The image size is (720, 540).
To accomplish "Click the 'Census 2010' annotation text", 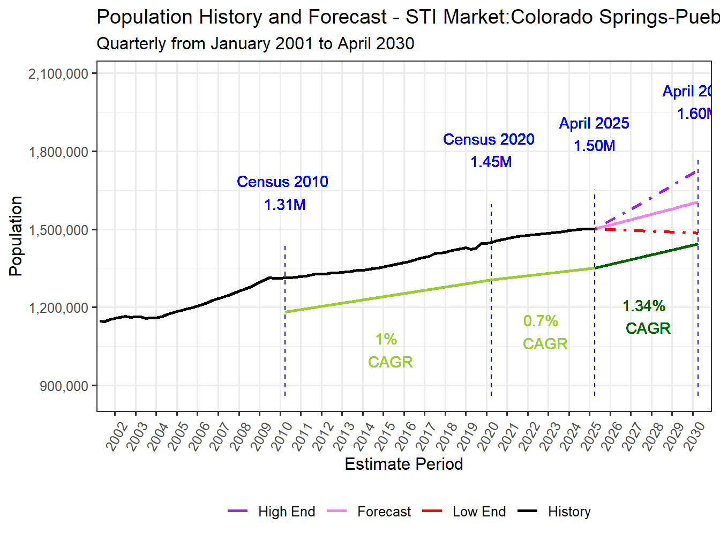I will [x=282, y=182].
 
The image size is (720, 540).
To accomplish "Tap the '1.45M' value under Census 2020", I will [x=491, y=162].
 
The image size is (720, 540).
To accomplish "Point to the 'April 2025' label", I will [x=594, y=124].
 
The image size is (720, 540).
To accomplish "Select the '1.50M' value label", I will [x=594, y=146].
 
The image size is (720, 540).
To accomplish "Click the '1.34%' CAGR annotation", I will [x=643, y=306].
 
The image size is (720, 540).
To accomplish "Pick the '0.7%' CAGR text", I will [x=541, y=321].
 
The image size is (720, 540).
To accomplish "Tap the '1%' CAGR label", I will [x=386, y=340].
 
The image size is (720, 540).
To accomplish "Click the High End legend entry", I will [x=272, y=512].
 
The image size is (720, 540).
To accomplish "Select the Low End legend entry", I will [x=464, y=512].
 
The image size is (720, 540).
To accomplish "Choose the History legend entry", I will [x=554, y=512].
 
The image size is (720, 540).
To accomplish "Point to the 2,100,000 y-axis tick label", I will [x=58, y=74].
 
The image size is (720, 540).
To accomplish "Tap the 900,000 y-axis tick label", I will [x=64, y=386].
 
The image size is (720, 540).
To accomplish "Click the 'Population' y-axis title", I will [x=16, y=236].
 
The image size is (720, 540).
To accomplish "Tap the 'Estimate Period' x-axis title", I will [x=403, y=464].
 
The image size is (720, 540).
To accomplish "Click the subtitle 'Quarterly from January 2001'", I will [x=255, y=43].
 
